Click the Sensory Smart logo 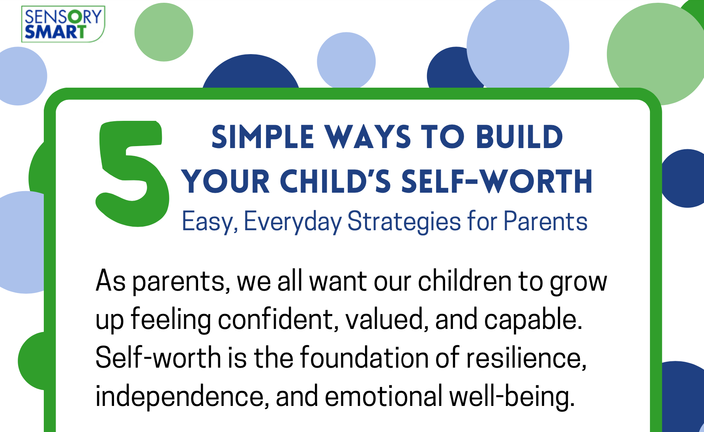[x=63, y=24]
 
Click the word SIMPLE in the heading [x=262, y=137]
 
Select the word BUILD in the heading [x=519, y=137]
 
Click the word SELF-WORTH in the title [x=497, y=181]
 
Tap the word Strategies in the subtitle [x=404, y=222]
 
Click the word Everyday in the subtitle [x=292, y=222]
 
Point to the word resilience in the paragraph [x=526, y=357]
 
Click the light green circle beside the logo [x=164, y=32]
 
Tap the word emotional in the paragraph [x=384, y=396]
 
